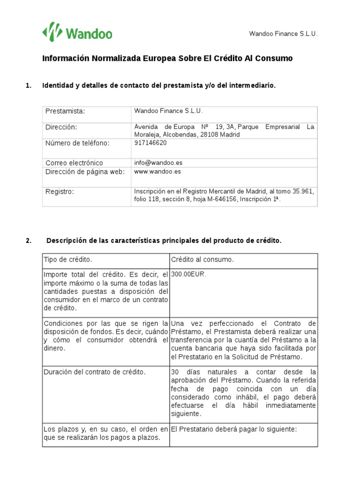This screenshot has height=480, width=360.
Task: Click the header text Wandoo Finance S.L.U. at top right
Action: (x=283, y=34)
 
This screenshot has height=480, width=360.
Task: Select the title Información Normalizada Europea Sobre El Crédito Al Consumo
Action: (x=167, y=59)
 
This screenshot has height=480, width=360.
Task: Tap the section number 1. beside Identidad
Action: (x=29, y=85)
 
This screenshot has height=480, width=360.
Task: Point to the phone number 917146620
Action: (x=150, y=143)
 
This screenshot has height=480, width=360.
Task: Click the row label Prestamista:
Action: (x=65, y=111)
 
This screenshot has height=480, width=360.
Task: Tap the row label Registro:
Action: (x=60, y=191)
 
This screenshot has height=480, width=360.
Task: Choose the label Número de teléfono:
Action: (x=77, y=143)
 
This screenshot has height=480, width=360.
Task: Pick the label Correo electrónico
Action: (x=74, y=163)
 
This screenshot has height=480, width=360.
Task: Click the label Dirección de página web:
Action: (x=85, y=172)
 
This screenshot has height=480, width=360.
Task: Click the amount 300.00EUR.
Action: (x=188, y=274)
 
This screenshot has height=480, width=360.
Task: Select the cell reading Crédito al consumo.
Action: (x=202, y=259)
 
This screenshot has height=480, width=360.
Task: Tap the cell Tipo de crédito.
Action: (x=68, y=259)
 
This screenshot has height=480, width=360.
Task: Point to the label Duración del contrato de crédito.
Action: (x=94, y=372)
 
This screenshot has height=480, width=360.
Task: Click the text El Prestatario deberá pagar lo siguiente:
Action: (x=234, y=429)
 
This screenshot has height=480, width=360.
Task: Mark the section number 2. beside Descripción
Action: (x=29, y=241)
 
